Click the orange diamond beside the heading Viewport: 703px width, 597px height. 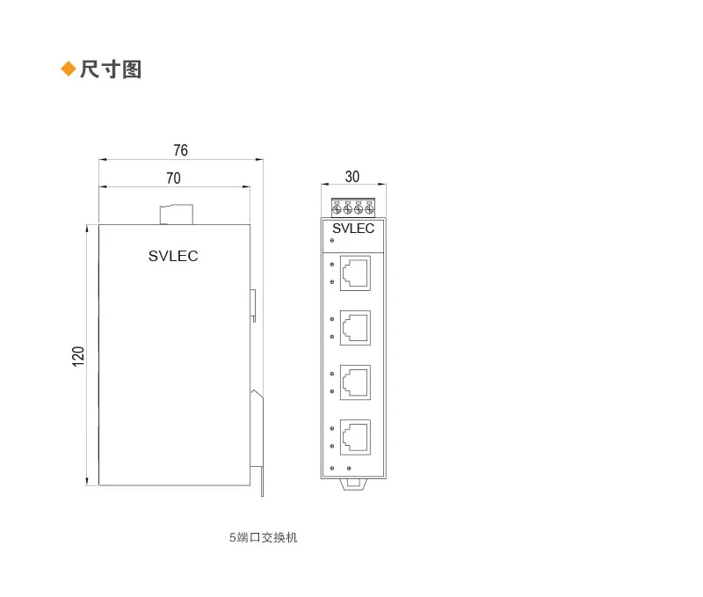click(x=68, y=69)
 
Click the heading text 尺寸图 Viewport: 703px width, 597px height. click(x=111, y=69)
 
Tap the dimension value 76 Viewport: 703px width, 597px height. click(x=180, y=150)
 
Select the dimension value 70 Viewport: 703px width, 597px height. click(x=173, y=178)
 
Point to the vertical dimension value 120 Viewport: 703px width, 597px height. click(x=78, y=356)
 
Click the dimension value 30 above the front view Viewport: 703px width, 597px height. click(x=352, y=177)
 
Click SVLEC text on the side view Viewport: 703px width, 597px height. click(x=173, y=257)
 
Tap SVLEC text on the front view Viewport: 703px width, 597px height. click(x=353, y=229)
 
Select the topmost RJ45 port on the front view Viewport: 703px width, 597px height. click(x=355, y=273)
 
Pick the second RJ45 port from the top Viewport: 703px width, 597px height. click(x=355, y=327)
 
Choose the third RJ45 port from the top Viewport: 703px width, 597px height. click(x=355, y=382)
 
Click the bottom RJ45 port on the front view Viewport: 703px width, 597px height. click(x=355, y=436)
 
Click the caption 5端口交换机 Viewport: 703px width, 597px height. click(x=263, y=537)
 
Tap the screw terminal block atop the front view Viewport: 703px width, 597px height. click(x=352, y=207)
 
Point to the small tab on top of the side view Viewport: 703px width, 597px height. click(x=175, y=215)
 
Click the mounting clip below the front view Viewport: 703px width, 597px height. click(x=353, y=483)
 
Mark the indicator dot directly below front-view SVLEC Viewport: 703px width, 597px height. click(x=331, y=240)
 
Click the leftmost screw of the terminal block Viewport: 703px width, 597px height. click(x=337, y=209)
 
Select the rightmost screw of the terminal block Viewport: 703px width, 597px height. click(x=369, y=209)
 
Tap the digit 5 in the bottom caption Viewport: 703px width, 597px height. click(x=232, y=537)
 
